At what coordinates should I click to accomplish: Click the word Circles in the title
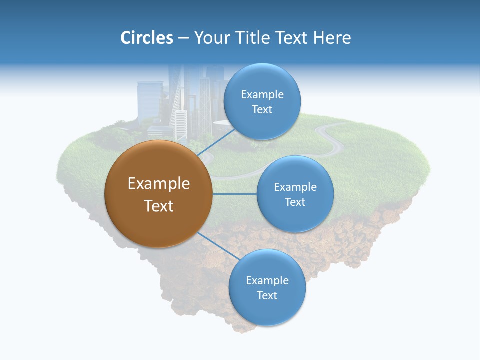point(146,38)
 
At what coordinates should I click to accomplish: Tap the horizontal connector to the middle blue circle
point(234,194)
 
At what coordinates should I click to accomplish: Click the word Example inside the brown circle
point(159,184)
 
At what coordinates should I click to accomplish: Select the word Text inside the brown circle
point(159,206)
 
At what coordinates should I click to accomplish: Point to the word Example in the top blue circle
point(262,94)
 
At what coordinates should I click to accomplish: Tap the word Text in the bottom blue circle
point(267,295)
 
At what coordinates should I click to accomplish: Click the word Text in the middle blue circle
point(295,202)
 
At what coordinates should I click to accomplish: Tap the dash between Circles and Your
point(183,38)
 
